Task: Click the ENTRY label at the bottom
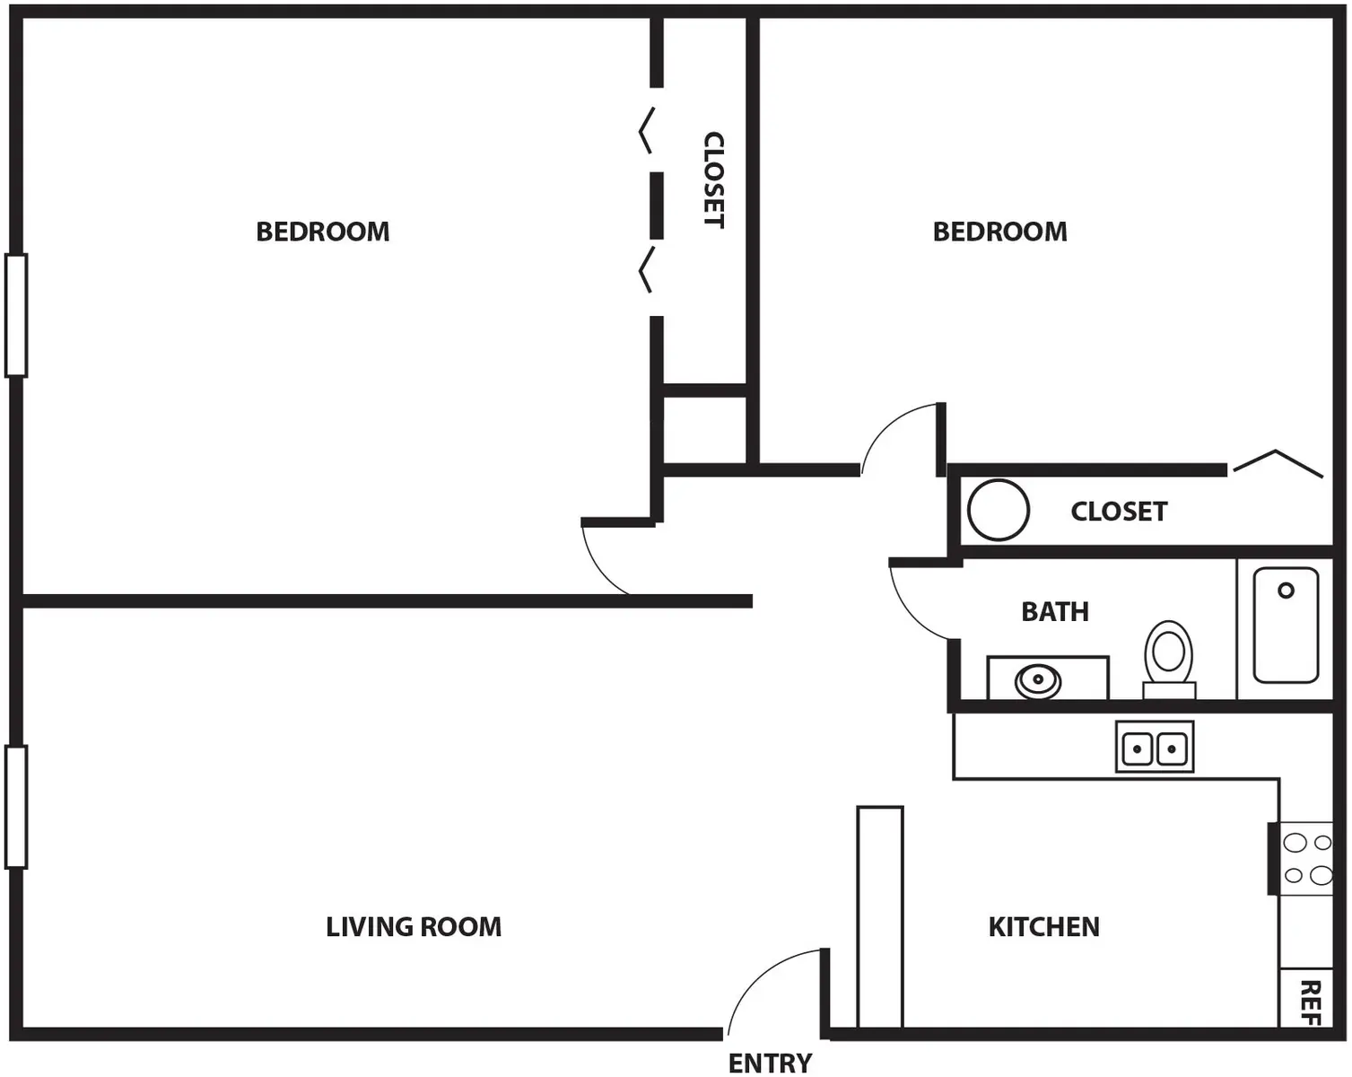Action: pyautogui.click(x=770, y=1064)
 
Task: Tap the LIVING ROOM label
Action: pyautogui.click(x=414, y=926)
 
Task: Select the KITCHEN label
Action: pyautogui.click(x=1043, y=926)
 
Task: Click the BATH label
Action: pyautogui.click(x=1055, y=611)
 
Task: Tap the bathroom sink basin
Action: pyautogui.click(x=1039, y=680)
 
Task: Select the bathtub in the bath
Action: pyautogui.click(x=1286, y=625)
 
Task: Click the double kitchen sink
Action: pyautogui.click(x=1155, y=747)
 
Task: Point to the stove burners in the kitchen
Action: pyautogui.click(x=1307, y=858)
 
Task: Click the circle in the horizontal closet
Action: pyautogui.click(x=998, y=510)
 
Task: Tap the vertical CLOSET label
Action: pyautogui.click(x=713, y=179)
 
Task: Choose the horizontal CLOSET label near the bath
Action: pyautogui.click(x=1119, y=512)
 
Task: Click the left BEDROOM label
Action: pyautogui.click(x=323, y=232)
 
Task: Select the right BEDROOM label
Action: pyautogui.click(x=1000, y=232)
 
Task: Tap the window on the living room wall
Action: pyautogui.click(x=16, y=807)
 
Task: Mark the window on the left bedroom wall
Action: pyautogui.click(x=16, y=315)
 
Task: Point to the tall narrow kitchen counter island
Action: pyautogui.click(x=879, y=916)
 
